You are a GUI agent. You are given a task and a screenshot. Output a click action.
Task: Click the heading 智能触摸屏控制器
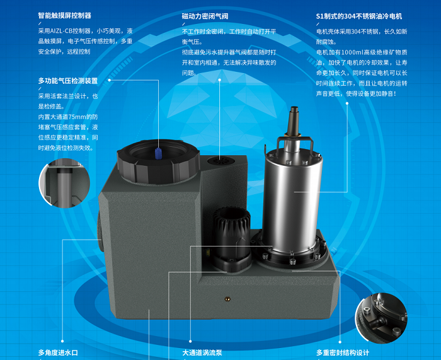pyautogui.click(x=65, y=15)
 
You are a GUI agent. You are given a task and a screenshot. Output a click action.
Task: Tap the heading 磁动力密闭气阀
pyautogui.click(x=205, y=16)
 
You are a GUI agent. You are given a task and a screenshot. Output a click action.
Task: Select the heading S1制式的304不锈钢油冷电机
pyautogui.click(x=359, y=16)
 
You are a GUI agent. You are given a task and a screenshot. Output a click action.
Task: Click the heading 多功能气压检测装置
pyautogui.click(x=68, y=81)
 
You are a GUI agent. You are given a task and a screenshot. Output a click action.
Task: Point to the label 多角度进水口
pyautogui.click(x=58, y=352)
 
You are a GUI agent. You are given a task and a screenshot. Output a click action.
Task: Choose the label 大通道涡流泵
pyautogui.click(x=202, y=352)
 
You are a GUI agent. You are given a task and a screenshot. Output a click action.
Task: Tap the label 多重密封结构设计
pyautogui.click(x=343, y=352)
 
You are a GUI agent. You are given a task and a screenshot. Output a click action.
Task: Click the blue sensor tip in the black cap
pyautogui.click(x=158, y=153)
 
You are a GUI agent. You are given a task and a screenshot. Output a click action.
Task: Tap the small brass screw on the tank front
pyautogui.click(x=227, y=299)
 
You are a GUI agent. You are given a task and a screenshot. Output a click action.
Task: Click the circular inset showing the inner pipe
pyautogui.click(x=64, y=183)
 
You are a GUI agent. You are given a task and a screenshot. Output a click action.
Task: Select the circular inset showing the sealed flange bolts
pyautogui.click(x=381, y=318)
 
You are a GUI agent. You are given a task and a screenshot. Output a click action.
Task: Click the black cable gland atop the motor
pyautogui.click(x=294, y=120)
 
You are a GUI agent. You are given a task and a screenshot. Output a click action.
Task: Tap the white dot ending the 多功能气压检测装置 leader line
pyautogui.click(x=110, y=80)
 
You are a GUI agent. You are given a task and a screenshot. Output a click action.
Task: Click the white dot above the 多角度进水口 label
pyautogui.click(x=62, y=341)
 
